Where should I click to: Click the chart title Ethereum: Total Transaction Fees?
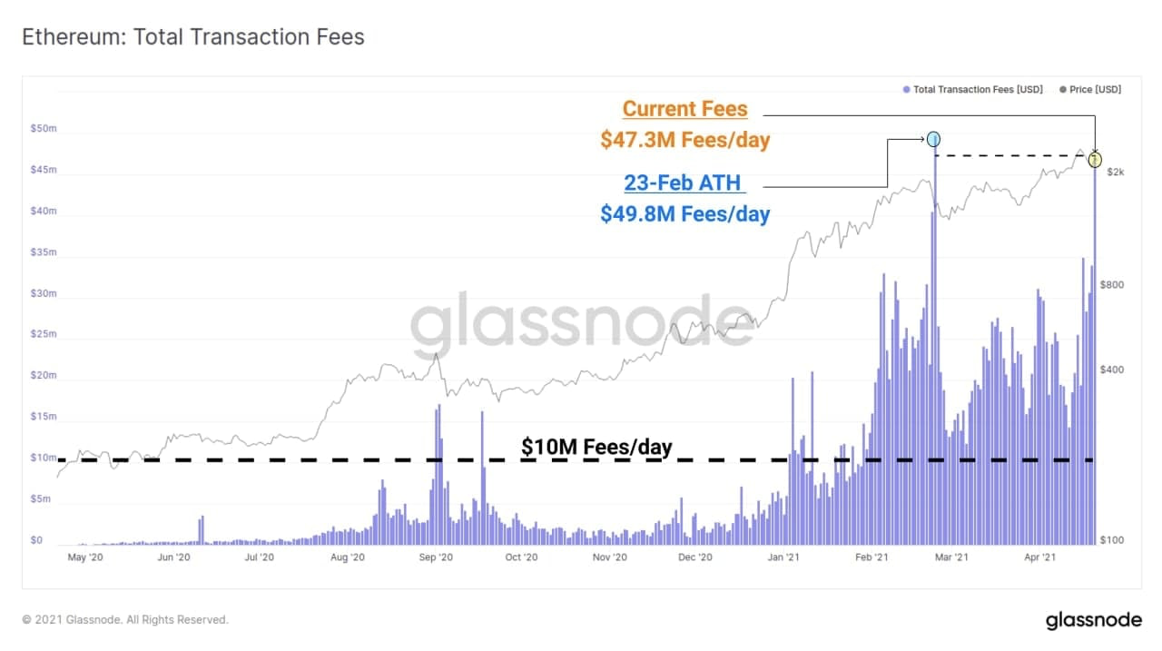point(192,37)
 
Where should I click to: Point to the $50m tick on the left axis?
point(44,129)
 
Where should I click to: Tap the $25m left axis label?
point(44,334)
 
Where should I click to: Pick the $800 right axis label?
point(1112,285)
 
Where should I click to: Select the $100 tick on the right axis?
point(1112,540)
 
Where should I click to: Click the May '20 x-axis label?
point(85,557)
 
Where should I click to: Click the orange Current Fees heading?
point(685,109)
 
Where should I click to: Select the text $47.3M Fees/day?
point(685,140)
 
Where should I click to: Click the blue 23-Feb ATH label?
point(684,182)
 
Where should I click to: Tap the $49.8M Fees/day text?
point(685,214)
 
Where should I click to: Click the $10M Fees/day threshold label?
point(596,447)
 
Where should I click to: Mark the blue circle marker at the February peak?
point(933,139)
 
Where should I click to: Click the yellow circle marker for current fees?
point(1095,160)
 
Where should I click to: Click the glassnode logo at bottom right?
point(1093,620)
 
